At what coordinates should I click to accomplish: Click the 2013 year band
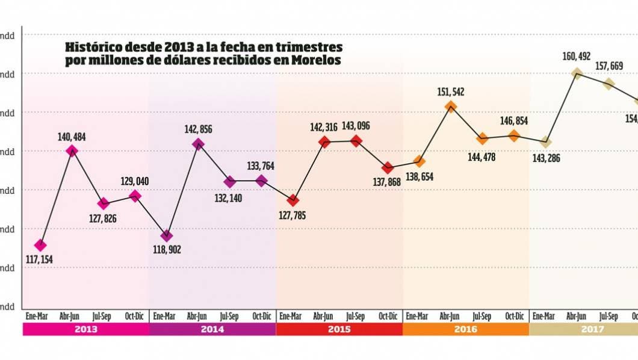click(85, 329)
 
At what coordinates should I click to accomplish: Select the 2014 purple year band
click(212, 329)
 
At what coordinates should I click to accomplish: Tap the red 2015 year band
click(339, 329)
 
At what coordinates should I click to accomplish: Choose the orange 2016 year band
click(465, 329)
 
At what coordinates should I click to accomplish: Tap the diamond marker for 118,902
click(167, 235)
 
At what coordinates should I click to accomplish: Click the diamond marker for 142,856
click(198, 143)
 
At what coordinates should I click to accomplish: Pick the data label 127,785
click(291, 215)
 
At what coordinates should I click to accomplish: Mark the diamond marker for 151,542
click(450, 107)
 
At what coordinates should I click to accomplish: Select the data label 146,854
click(513, 121)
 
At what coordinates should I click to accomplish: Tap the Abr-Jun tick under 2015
click(323, 316)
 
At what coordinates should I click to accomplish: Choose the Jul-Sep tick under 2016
click(482, 316)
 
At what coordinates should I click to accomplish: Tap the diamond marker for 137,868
click(388, 167)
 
